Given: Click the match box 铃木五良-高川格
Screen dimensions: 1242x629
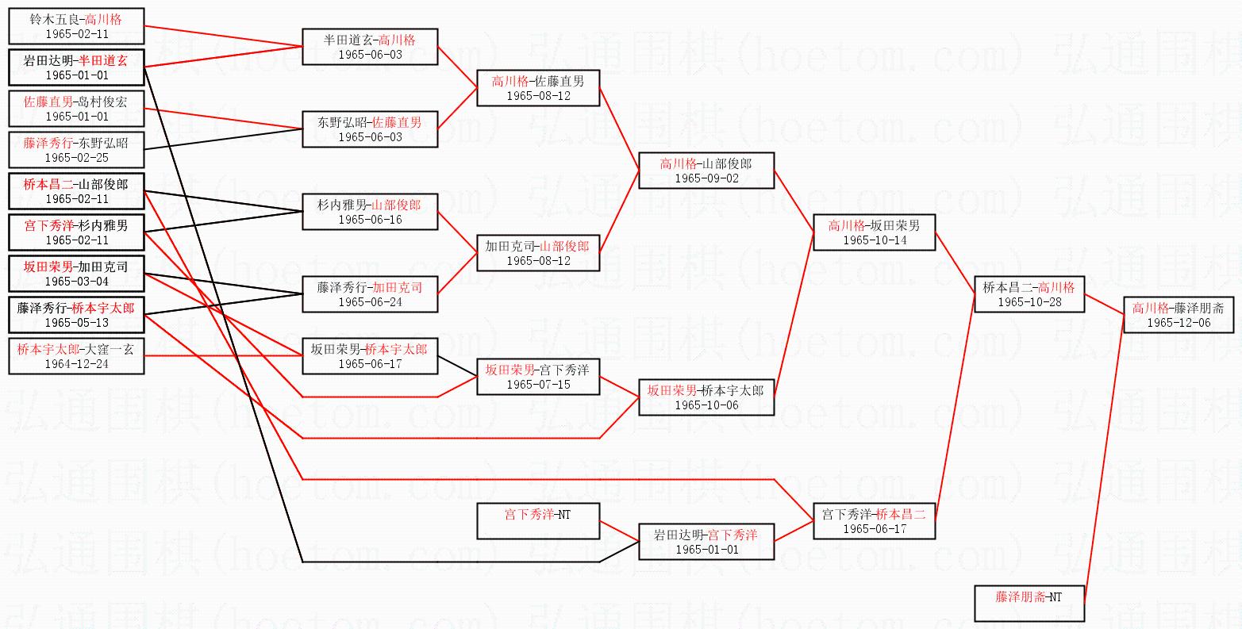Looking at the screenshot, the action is coord(76,26).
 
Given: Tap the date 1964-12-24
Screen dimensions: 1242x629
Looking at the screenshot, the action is coord(76,364).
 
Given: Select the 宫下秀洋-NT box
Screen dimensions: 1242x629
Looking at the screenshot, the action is coord(538,521).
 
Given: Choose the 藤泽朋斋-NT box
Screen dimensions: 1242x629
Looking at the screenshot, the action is coord(1029,604).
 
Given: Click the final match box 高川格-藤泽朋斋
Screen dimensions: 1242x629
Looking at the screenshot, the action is coord(1179,315).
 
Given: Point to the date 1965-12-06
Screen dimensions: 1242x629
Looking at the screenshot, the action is coord(1179,323).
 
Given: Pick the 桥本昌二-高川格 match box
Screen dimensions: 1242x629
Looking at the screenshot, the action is coord(1029,294).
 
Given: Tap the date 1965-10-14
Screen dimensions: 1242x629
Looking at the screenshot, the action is coord(875,240).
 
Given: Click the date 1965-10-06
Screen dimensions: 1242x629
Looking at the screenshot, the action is coord(706,405).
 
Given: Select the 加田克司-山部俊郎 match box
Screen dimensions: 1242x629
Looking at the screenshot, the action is coord(538,253).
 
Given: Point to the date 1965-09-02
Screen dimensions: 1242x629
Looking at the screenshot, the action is coord(706,178).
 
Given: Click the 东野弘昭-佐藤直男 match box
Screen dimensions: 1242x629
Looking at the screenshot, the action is coord(370,129).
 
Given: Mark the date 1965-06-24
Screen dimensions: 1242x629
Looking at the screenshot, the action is coord(370,302).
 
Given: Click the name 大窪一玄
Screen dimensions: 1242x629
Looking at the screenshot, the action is coord(106,348).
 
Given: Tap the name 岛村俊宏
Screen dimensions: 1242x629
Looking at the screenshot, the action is coord(102,101).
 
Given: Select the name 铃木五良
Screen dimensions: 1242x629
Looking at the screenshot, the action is coord(52,19).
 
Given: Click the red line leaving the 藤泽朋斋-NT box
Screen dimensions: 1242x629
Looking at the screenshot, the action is coord(1103,460).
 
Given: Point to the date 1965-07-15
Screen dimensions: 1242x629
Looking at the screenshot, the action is coord(538,385).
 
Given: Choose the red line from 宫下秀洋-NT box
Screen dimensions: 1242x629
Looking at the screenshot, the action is coord(619,531).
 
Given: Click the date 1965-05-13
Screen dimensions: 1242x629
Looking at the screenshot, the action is coord(76,323).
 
